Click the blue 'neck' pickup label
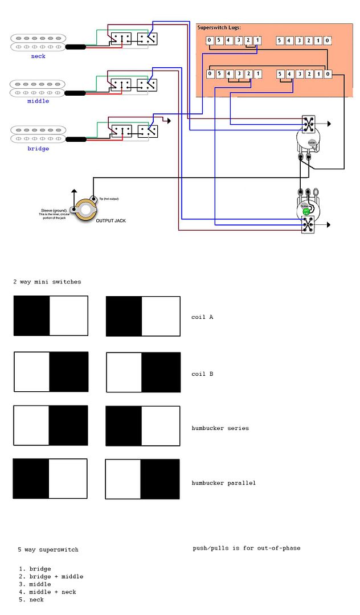pos(38,56)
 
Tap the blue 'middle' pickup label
pos(38,101)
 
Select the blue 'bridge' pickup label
pos(38,149)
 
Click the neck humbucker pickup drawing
pos(38,42)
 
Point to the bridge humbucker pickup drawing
pos(38,134)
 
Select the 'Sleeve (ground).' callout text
pos(53,210)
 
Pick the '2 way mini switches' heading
pos(47,282)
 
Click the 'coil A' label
pos(202,317)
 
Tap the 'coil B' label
pos(202,374)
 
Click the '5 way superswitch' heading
pos(48,550)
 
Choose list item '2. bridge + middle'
pos(51,576)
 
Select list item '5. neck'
pos(31,600)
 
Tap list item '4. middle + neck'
pos(47,592)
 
